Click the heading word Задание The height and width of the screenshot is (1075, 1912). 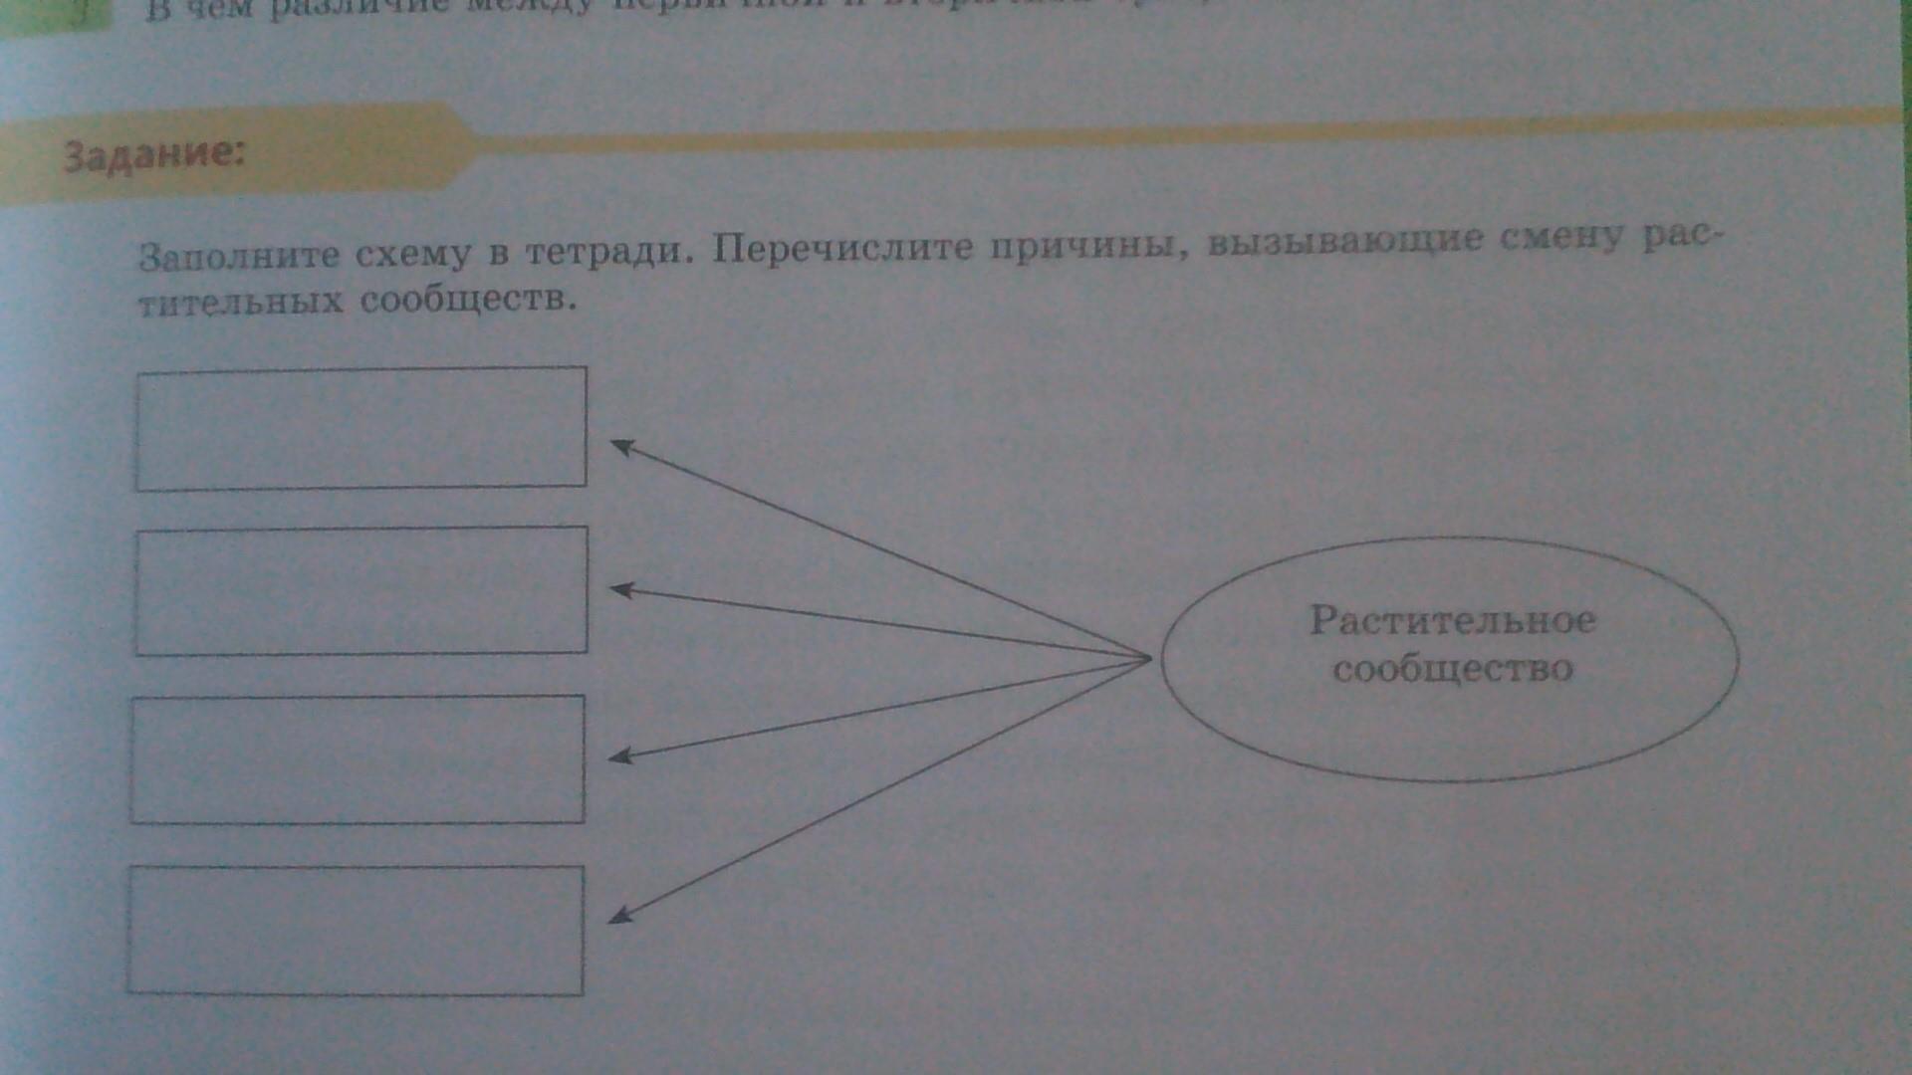[x=153, y=156]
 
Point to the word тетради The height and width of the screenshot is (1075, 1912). [x=606, y=251]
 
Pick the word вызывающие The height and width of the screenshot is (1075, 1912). [x=1345, y=242]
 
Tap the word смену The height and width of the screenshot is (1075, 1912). [x=1567, y=239]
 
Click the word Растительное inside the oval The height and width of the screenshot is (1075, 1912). [x=1452, y=620]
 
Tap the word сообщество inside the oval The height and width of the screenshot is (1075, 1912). [x=1452, y=668]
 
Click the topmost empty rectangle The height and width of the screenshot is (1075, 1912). [x=360, y=428]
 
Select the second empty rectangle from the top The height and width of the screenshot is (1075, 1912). [x=360, y=590]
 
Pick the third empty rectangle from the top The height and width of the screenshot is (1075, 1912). [x=358, y=759]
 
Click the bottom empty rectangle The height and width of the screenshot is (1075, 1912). [x=356, y=930]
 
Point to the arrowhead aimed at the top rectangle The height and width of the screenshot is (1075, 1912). [x=621, y=447]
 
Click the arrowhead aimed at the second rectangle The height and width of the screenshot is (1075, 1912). [x=620, y=590]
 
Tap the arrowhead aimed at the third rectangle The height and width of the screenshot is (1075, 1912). [x=619, y=756]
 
